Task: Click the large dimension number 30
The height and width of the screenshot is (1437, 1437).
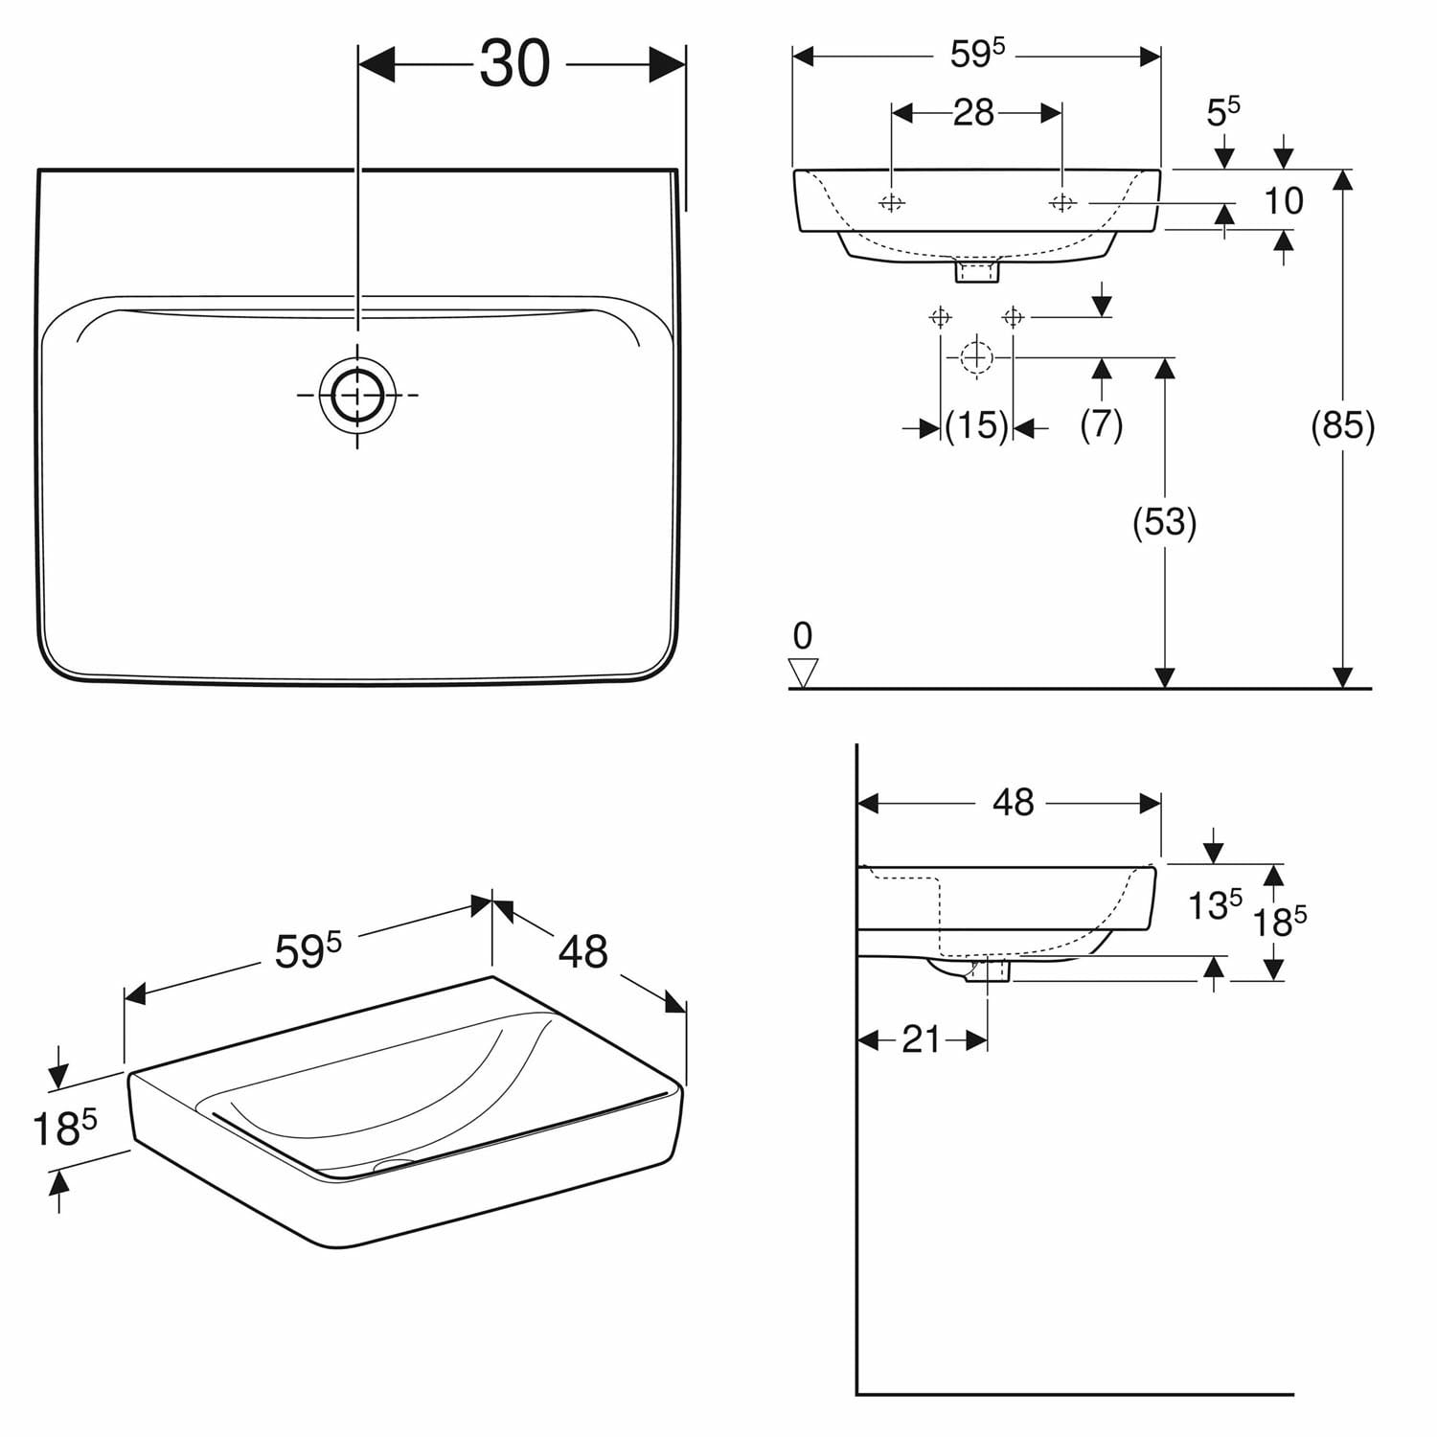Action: click(514, 64)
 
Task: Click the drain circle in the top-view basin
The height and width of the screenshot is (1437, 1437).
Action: click(357, 394)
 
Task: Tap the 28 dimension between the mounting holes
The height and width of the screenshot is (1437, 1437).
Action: click(973, 113)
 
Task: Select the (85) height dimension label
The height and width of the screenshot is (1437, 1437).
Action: click(1342, 425)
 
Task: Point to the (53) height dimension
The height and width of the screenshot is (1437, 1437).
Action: click(1164, 523)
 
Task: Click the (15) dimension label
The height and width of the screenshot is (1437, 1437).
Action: click(976, 426)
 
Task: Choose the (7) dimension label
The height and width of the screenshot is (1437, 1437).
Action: click(1101, 424)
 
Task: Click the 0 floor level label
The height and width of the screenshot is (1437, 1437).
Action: click(803, 635)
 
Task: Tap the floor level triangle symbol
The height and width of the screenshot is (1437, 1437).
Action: click(803, 672)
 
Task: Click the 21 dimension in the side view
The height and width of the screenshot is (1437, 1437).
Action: click(922, 1039)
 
